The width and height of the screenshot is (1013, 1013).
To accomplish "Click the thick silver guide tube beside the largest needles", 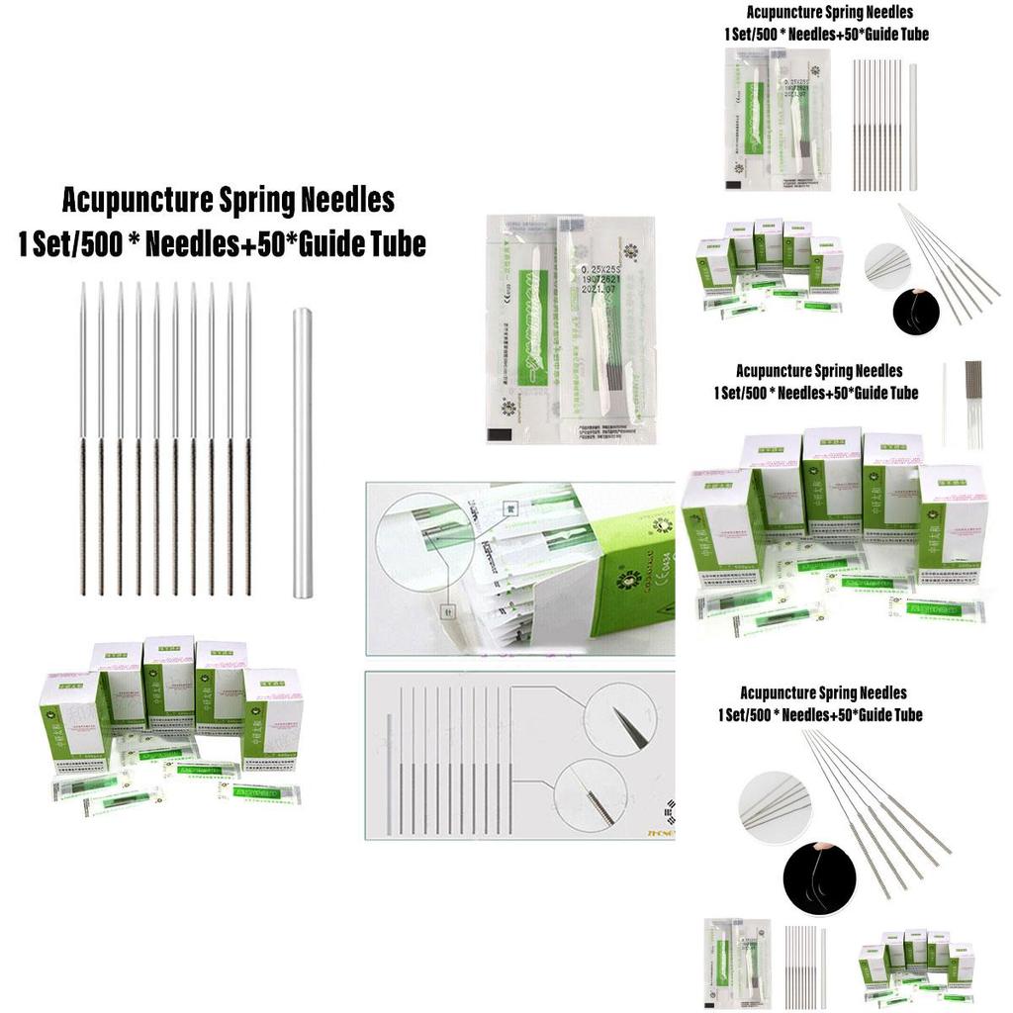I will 302,452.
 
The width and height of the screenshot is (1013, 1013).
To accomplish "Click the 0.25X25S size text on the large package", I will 605,267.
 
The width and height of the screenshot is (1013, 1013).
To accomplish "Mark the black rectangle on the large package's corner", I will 501,433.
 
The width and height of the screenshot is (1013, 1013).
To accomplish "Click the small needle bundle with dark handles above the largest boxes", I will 973,391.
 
